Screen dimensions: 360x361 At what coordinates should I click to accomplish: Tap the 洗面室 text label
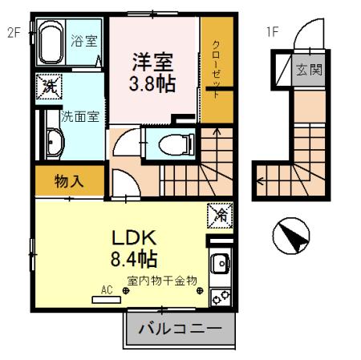[82, 116]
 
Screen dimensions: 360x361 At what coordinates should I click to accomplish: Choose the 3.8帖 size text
[152, 82]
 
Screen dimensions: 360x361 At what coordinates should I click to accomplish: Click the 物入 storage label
[69, 181]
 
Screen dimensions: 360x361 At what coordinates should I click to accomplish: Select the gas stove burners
[219, 297]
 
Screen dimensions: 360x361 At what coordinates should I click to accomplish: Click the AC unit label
[105, 289]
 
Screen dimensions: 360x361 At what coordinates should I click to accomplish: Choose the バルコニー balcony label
[180, 329]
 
